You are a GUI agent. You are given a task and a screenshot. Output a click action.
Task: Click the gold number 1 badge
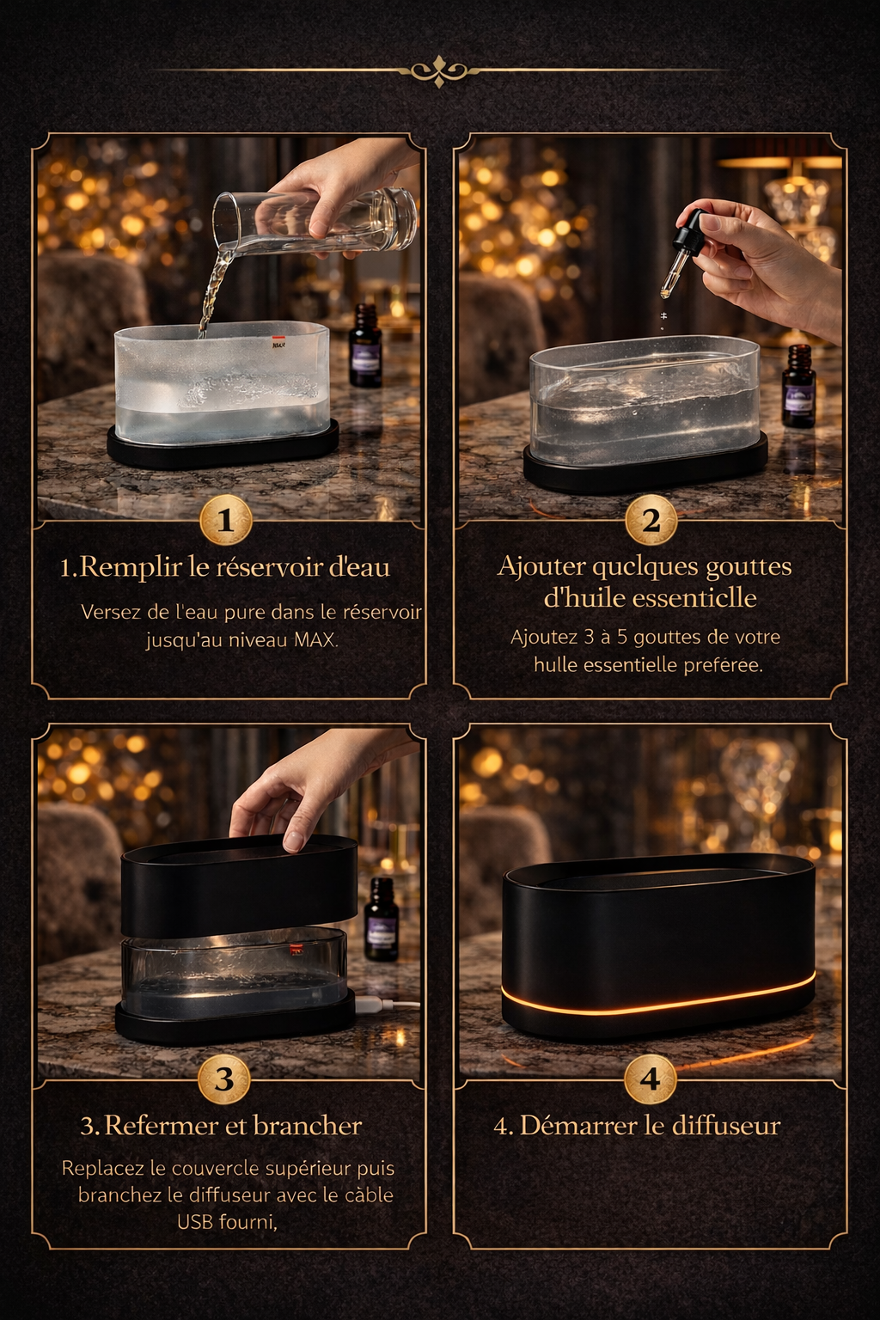coord(225,520)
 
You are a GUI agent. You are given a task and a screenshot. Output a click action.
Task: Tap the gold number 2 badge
coord(651,520)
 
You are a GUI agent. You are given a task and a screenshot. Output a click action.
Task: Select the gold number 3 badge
coord(224,1079)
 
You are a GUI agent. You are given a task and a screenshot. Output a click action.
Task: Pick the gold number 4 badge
coord(650,1079)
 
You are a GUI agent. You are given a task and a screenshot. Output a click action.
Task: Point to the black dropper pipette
coord(683,249)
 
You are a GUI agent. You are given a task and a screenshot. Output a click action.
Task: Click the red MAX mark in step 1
coord(278,343)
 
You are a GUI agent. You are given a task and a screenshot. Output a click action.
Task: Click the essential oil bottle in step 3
coord(381,919)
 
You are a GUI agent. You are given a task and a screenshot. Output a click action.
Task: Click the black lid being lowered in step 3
coord(239,885)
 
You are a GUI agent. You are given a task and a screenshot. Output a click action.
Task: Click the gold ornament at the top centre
coord(439,70)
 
